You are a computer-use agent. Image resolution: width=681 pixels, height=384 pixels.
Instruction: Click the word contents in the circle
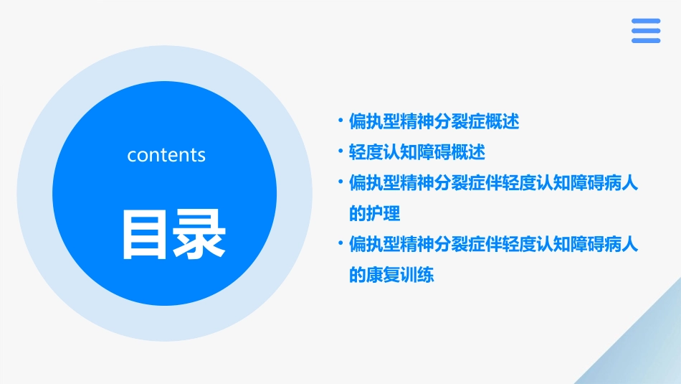point(166,155)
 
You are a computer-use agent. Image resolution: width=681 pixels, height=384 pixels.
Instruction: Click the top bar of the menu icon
point(646,21)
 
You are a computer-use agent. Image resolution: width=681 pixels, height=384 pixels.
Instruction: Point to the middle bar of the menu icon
point(646,31)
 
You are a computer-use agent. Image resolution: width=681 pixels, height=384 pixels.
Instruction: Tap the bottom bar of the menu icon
point(646,41)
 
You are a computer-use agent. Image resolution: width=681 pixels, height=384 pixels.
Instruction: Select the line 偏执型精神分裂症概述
point(434,121)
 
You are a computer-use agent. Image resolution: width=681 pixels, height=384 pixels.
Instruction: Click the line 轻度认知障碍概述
point(416,152)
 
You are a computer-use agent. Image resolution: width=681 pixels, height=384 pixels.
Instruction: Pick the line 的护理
point(374,214)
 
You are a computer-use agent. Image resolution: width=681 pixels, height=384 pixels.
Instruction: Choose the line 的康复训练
point(391,275)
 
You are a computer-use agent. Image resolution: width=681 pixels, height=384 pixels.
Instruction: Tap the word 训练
point(417,275)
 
